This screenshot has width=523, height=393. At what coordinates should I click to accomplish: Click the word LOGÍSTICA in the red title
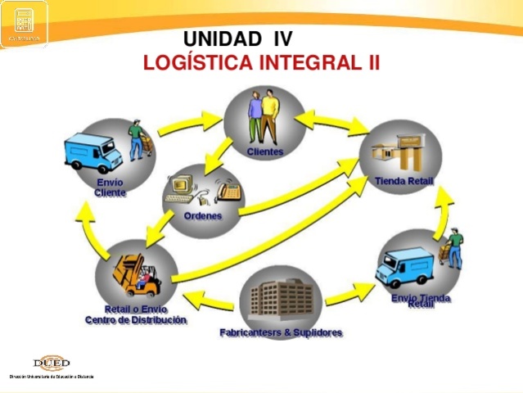pyautogui.click(x=198, y=62)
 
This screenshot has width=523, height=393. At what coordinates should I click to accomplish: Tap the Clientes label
pyautogui.click(x=264, y=151)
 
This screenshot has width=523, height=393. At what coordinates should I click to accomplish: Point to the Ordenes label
pyautogui.click(x=202, y=216)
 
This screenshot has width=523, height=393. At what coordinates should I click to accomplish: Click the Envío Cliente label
pyautogui.click(x=110, y=187)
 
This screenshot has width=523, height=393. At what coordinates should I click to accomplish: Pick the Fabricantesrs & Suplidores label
pyautogui.click(x=280, y=332)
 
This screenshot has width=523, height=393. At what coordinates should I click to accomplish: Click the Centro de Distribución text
pyautogui.click(x=136, y=320)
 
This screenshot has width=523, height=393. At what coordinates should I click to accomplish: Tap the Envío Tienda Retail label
pyautogui.click(x=420, y=300)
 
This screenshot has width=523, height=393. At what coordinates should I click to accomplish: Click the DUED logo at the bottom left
pyautogui.click(x=52, y=364)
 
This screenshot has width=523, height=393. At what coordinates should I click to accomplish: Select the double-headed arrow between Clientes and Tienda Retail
pyautogui.click(x=331, y=122)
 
